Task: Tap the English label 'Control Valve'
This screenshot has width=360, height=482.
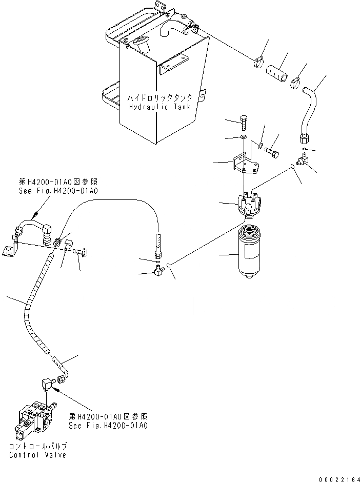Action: coord(37,455)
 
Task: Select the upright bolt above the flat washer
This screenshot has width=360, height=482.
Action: coord(244,123)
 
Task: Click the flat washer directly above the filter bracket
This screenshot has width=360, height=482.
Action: coord(244,137)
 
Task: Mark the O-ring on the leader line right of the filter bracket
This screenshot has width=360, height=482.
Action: coord(292,166)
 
